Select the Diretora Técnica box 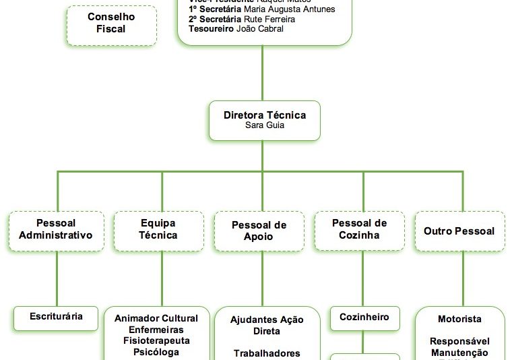coord(265,121)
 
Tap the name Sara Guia coord(265,126)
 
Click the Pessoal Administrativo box coord(57,231)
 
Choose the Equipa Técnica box coord(158,231)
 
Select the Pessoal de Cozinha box coord(360,231)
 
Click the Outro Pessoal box coord(459,231)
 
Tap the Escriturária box coord(57,316)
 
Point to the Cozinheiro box coord(364,318)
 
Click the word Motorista coord(459,319)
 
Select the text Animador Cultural coord(156,318)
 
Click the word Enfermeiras coord(156,330)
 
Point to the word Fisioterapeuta coord(156,340)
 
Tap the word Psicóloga coord(156,352)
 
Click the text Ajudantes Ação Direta coord(267,325)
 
